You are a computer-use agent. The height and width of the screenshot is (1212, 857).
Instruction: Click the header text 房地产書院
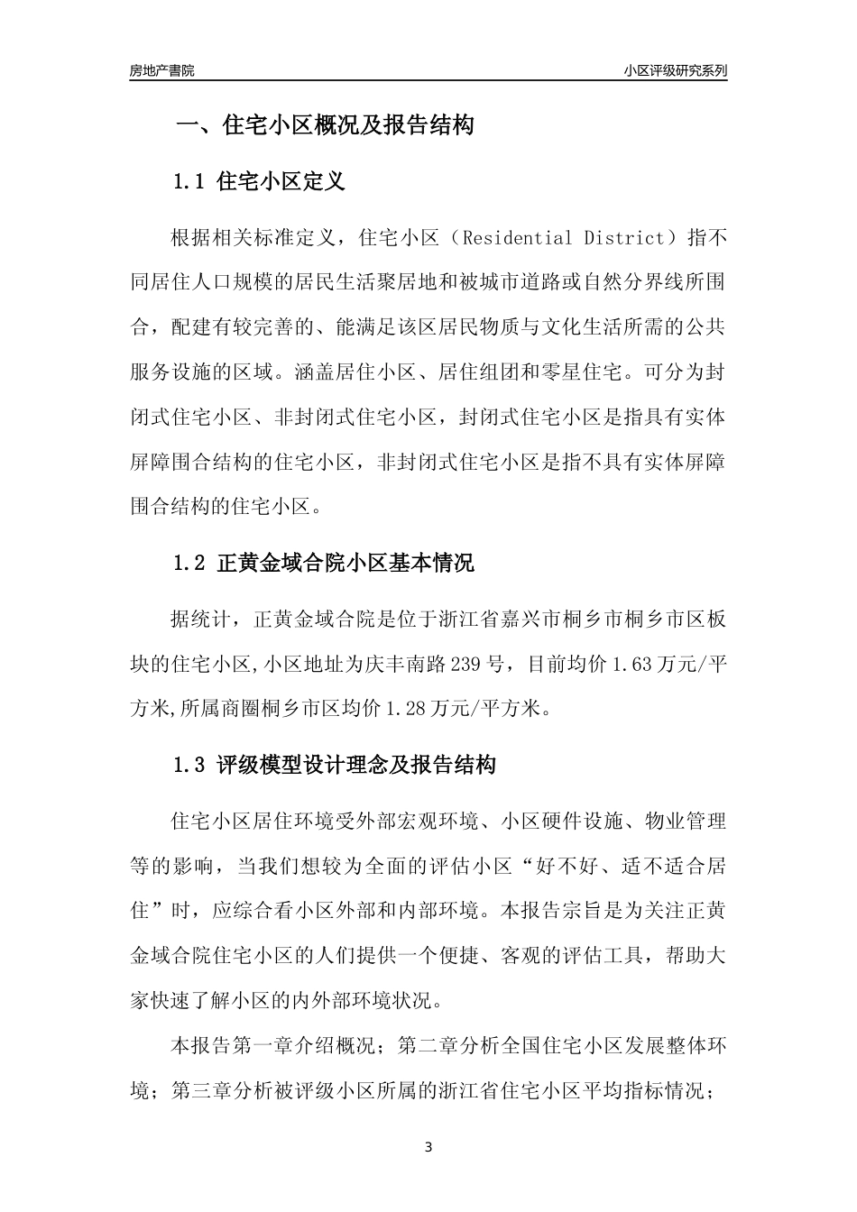click(161, 70)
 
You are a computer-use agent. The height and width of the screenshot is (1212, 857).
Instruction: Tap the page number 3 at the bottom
click(428, 1148)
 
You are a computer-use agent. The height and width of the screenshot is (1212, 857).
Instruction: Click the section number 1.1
click(190, 181)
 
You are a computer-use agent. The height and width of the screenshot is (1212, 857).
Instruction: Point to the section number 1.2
click(190, 564)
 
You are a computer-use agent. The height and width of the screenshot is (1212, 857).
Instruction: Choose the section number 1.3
click(190, 766)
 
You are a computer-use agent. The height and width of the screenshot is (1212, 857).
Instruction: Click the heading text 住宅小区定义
click(281, 181)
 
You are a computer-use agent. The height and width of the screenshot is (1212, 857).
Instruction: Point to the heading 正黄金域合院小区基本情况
click(346, 564)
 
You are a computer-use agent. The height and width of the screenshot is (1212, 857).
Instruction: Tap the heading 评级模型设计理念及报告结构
click(356, 766)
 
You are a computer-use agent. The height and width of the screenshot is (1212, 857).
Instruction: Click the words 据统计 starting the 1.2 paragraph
click(201, 621)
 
